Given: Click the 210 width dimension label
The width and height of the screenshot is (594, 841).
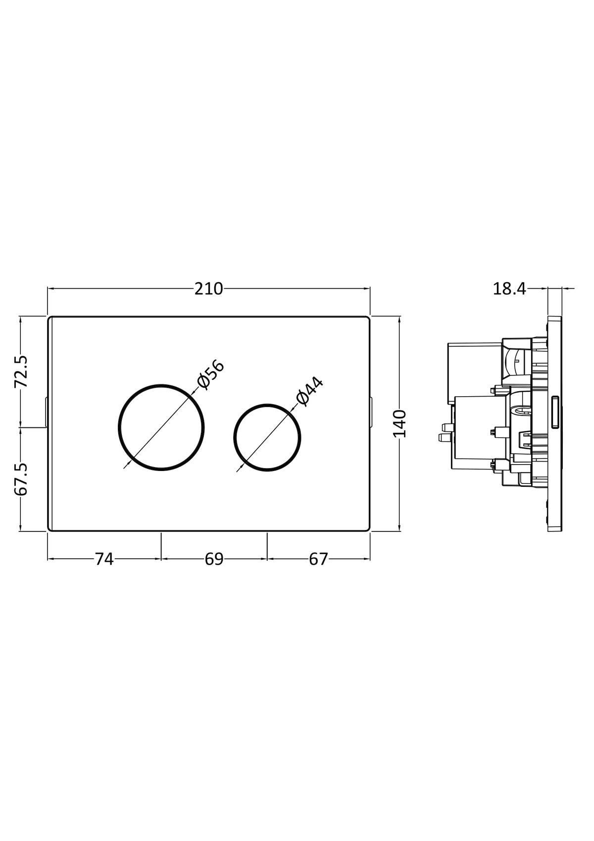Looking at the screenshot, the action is pos(208,289).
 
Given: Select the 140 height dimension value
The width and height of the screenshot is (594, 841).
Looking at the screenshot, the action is pos(399,424).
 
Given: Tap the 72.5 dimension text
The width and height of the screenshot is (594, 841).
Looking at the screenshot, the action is pos(21,371).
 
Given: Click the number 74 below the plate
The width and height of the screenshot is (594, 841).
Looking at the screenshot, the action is pos(104,559).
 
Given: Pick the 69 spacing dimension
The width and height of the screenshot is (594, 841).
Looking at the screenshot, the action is pos(214,559).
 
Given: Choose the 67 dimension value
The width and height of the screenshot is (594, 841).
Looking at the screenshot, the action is pos(319,559).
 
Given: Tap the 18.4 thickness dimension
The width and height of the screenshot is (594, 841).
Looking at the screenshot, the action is pos(509,289).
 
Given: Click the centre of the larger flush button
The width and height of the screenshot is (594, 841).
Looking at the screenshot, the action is pos(161,427).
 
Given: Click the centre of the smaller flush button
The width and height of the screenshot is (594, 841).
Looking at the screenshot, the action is pos(267,437).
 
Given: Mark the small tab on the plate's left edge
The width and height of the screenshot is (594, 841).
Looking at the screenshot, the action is pos(46,412).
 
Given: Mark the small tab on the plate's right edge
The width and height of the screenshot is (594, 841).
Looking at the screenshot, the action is pos(371,412).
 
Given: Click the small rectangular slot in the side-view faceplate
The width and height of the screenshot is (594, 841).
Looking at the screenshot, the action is pos(555,412).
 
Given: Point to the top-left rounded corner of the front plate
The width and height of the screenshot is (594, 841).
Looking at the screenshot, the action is pos(49,319).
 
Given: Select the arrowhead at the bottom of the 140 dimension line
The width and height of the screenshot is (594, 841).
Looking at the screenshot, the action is pos(399,527).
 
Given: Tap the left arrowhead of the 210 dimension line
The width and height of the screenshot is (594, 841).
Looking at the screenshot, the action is pos(52,288).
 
